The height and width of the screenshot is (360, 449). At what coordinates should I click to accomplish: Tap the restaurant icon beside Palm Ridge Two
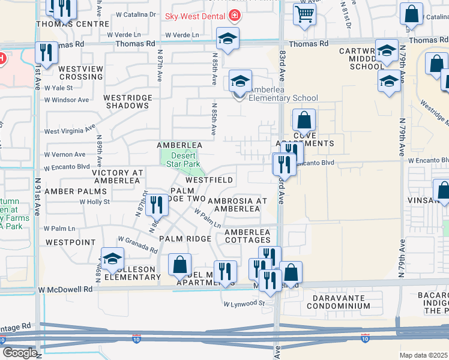(x=157, y=205)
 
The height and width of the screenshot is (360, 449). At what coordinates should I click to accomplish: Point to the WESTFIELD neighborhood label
(x=209, y=180)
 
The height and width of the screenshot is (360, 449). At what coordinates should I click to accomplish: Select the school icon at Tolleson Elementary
(x=112, y=259)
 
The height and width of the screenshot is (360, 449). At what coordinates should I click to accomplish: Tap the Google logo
(x=20, y=352)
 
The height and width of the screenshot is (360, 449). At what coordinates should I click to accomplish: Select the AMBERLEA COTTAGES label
(x=247, y=236)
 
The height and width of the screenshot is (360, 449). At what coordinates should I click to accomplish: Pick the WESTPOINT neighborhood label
(x=70, y=242)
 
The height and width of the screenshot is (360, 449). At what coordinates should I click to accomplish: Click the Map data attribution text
(x=423, y=355)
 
